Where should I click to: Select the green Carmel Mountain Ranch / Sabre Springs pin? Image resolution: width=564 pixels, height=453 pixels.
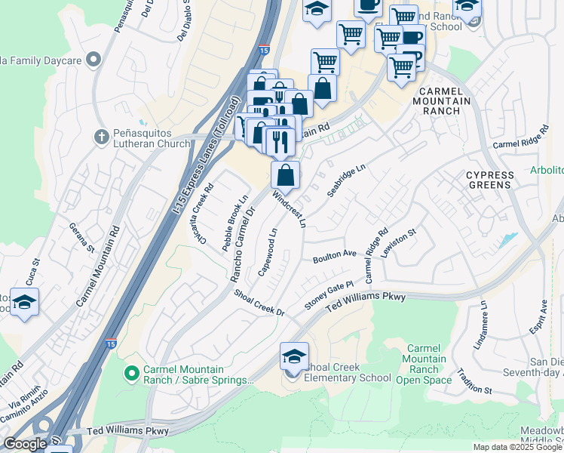click(132, 373)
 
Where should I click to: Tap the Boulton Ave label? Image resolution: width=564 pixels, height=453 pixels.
click(335, 256)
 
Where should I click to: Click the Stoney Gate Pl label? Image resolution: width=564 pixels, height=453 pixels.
click(329, 295)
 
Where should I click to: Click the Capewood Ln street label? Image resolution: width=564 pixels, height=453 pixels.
click(268, 252)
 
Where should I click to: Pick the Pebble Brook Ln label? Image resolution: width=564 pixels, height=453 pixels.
click(235, 223)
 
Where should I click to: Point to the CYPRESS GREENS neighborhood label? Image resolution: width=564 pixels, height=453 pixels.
click(489, 180)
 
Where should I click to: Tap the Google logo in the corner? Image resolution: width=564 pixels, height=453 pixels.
click(25, 443)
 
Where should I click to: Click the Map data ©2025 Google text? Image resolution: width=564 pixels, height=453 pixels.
click(517, 447)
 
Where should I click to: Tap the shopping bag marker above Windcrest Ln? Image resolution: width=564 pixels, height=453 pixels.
click(286, 176)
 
